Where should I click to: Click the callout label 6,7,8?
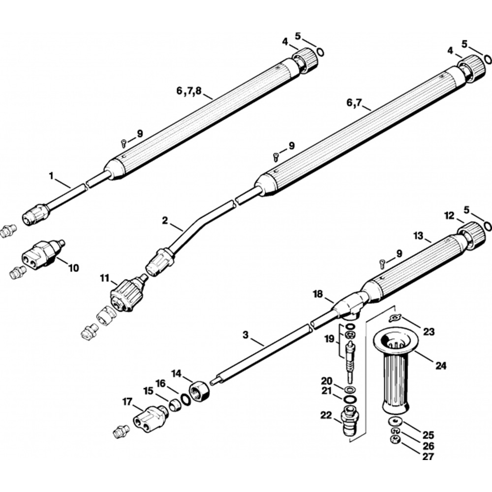point(188,91)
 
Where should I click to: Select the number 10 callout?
point(73,268)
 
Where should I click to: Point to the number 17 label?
point(126,402)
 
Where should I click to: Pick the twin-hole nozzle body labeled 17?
point(149,418)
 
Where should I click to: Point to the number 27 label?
point(429,457)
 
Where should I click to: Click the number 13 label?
point(418,237)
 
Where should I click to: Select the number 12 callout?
point(449,215)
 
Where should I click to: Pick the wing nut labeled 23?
point(394,319)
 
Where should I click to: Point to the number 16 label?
point(161,383)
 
